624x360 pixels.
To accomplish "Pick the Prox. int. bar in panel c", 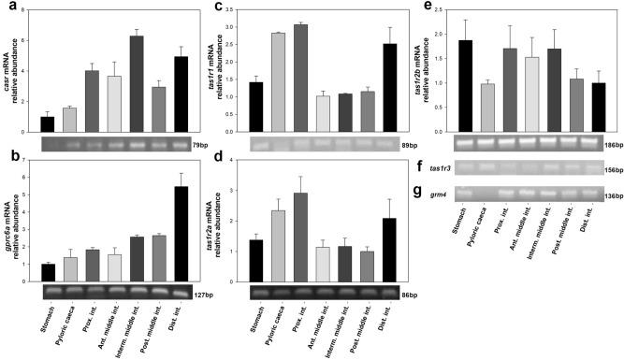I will click(301, 77).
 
